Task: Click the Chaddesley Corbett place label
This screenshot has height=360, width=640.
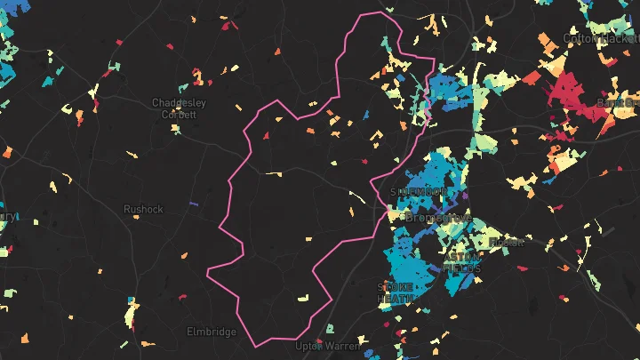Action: [179, 108]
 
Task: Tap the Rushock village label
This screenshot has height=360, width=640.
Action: [143, 209]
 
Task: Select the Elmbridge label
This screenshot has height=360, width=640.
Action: [212, 332]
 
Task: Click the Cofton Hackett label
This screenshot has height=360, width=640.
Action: [600, 39]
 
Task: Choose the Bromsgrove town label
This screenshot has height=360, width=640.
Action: [438, 217]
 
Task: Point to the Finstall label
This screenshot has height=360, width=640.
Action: [508, 241]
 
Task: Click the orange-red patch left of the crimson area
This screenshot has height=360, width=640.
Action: [531, 78]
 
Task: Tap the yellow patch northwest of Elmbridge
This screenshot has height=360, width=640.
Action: [132, 312]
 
